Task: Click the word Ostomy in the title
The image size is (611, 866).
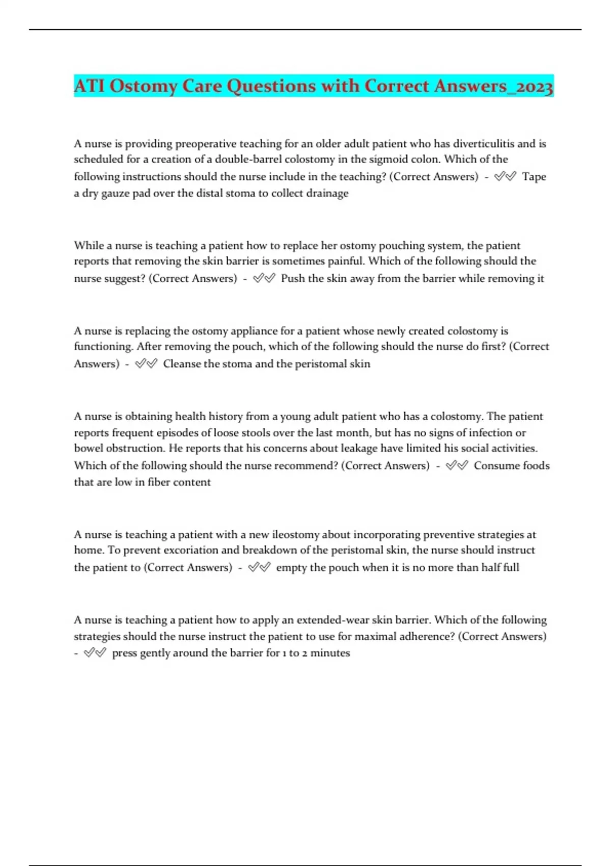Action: tap(143, 87)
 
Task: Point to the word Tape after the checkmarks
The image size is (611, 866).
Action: tap(534, 177)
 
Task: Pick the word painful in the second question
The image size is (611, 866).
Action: tap(343, 261)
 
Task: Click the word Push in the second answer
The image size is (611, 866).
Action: tap(293, 279)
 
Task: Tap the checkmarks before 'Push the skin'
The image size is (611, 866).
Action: tap(264, 278)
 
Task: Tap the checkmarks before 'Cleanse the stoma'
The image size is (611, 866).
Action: tap(146, 364)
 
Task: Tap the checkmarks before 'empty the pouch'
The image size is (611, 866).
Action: tap(259, 567)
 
